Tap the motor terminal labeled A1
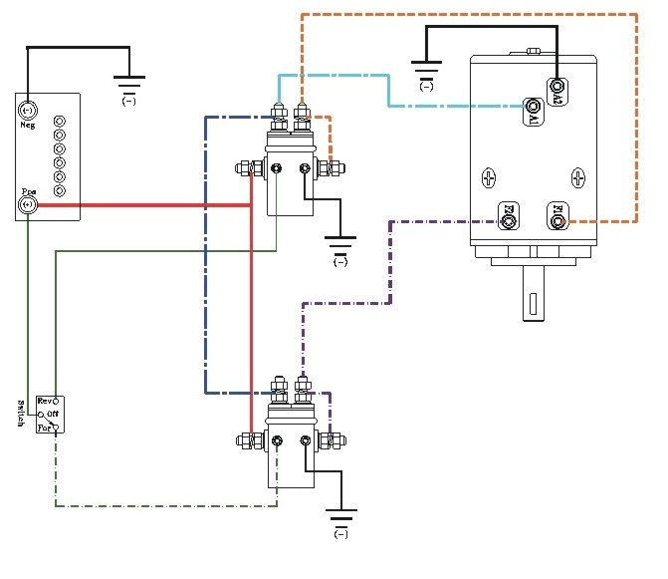[535, 106]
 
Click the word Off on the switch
[52, 414]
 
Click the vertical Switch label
[21, 413]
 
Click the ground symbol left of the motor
[426, 71]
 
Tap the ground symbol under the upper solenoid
[340, 246]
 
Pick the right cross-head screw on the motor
[575, 177]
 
